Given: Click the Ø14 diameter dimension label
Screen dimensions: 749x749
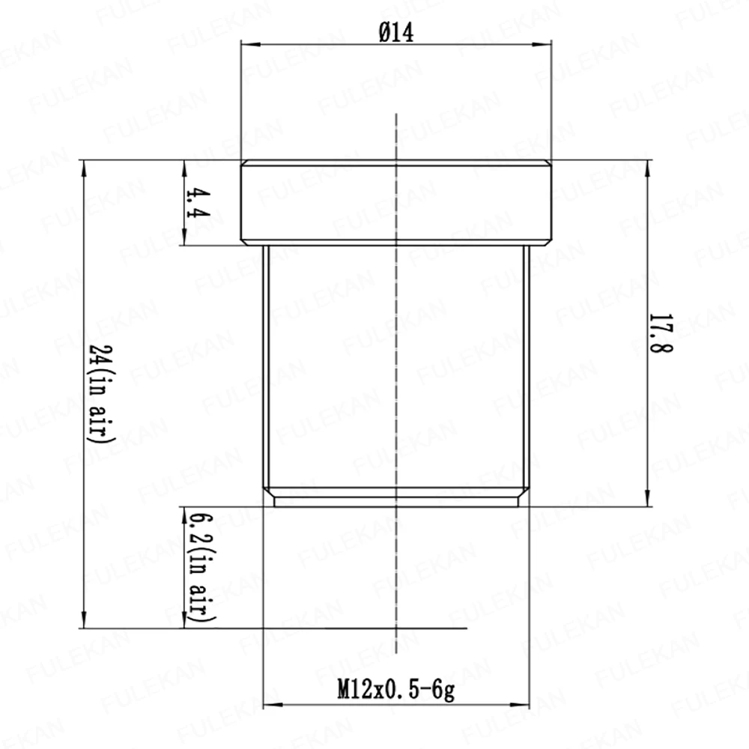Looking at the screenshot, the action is (396, 33).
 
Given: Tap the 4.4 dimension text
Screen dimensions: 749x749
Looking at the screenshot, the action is (198, 202).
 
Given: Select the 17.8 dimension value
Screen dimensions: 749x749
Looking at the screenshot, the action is (661, 333).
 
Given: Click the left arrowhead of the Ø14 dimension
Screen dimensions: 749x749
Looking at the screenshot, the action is (250, 44).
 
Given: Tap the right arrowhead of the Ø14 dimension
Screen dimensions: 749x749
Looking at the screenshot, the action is (542, 44).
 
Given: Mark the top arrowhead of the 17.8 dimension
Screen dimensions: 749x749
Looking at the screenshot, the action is (648, 169).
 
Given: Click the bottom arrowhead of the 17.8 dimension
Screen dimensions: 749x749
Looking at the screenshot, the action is (648, 497).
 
